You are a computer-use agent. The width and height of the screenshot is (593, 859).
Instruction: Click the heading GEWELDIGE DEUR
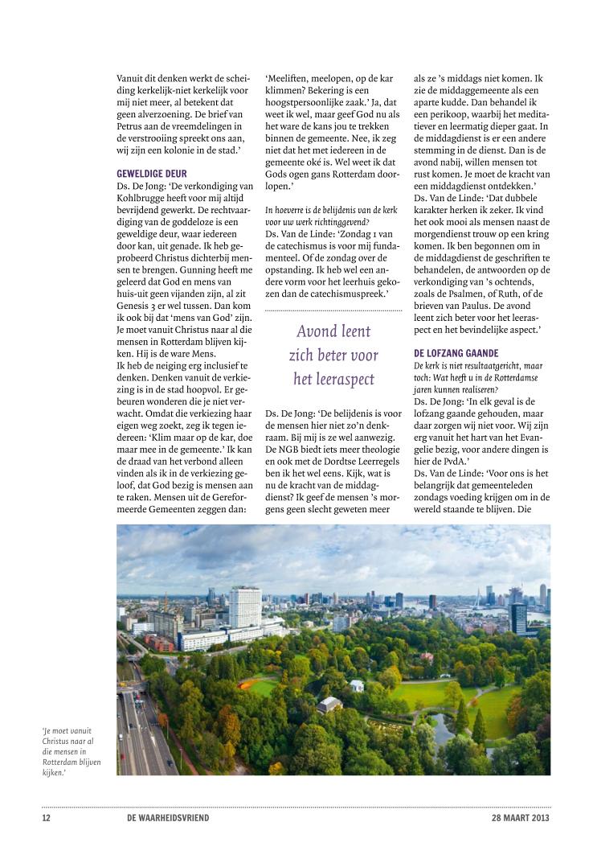pyautogui.click(x=153, y=173)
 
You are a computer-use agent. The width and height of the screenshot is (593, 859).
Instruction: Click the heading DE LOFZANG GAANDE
pyautogui.click(x=456, y=353)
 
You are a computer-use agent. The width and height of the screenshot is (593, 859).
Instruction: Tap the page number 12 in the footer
pyautogui.click(x=47, y=818)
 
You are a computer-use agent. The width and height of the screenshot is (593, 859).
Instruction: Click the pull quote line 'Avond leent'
pyautogui.click(x=333, y=331)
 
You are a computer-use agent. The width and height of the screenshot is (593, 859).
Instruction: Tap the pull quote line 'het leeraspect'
pyautogui.click(x=333, y=378)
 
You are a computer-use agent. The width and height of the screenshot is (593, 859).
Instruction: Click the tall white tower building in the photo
pyautogui.click(x=244, y=606)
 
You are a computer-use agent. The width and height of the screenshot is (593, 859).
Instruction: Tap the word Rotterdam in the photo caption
pyautogui.click(x=66, y=761)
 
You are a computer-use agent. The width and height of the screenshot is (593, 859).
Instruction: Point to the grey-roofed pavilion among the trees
pyautogui.click(x=330, y=705)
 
